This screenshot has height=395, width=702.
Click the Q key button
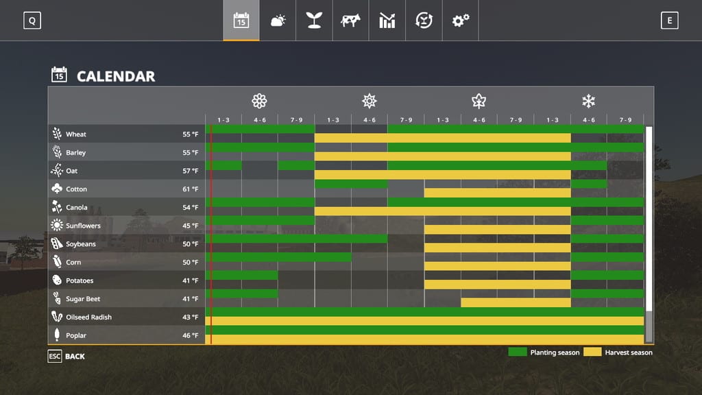[x=32, y=21]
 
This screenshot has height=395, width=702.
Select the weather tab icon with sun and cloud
[x=278, y=21]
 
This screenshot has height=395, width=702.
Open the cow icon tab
[x=350, y=21]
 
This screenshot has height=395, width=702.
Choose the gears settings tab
[x=460, y=21]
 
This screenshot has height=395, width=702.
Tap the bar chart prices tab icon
[x=387, y=21]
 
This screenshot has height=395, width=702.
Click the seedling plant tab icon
[x=314, y=21]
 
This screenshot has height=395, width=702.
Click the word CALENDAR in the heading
[x=116, y=76]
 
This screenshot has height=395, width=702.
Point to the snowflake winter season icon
[x=588, y=101]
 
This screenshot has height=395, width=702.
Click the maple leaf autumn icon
[x=479, y=101]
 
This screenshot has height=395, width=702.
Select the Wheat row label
[x=76, y=134]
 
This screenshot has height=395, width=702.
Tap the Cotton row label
[x=77, y=189]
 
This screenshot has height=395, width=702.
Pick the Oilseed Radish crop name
[x=88, y=318]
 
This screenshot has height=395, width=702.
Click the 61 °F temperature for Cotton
[x=190, y=189]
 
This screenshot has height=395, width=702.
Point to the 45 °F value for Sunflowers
[x=190, y=226]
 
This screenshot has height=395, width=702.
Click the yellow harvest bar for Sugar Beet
[x=516, y=302]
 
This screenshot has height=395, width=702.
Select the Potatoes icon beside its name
[x=57, y=280]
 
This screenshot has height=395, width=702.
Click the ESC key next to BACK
[x=55, y=357]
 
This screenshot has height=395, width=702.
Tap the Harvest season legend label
[x=629, y=352]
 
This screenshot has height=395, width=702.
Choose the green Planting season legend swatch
[x=517, y=352]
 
